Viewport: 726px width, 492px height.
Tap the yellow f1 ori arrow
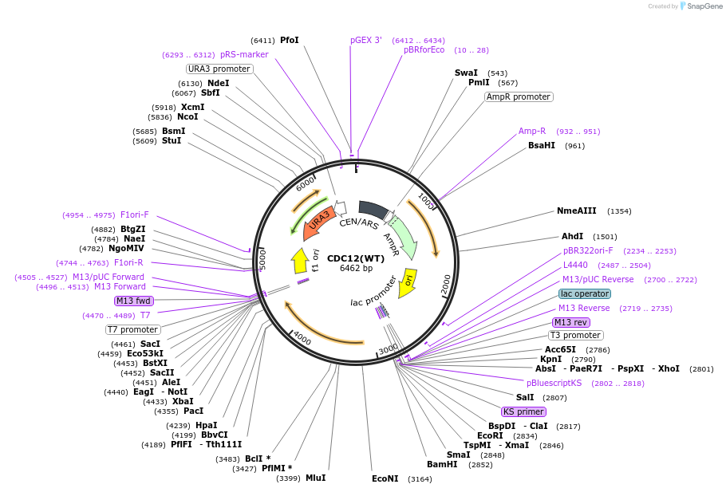point(300,260)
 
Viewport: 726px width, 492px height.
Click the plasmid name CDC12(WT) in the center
point(356,258)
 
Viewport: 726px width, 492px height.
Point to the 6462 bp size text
point(356,268)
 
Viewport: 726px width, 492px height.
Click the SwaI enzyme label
point(466,73)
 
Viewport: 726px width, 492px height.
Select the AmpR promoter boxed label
point(519,96)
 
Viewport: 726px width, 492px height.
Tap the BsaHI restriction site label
point(541,145)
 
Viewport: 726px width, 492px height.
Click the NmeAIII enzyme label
point(576,211)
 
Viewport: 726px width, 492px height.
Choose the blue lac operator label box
point(585,293)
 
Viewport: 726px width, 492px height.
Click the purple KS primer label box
point(523,412)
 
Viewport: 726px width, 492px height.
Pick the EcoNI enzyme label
point(385,478)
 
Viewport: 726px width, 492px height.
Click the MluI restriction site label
point(315,478)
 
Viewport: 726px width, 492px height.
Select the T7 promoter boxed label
point(133,329)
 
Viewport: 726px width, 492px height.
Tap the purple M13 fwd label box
point(133,301)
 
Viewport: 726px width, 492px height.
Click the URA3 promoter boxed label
point(219,69)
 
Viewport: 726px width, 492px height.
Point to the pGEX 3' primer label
point(366,40)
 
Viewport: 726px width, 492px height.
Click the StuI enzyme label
point(172,140)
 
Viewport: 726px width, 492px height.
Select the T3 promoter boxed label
point(575,335)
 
